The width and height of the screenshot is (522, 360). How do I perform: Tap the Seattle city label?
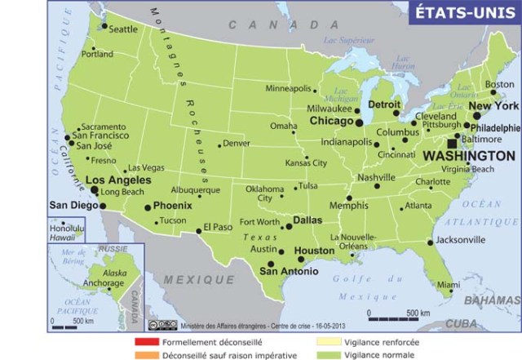[123, 29]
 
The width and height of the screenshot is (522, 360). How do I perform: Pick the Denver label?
[236, 144]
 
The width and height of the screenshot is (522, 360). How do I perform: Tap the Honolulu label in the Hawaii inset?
[66, 228]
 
